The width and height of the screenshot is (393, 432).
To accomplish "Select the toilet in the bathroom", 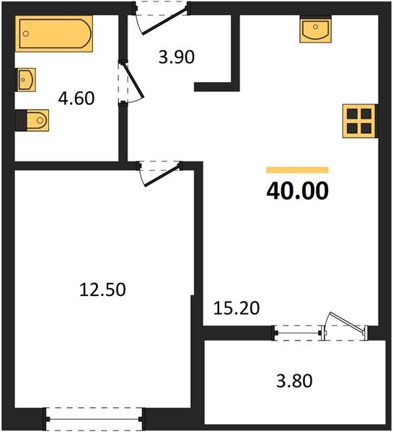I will coord(32,120).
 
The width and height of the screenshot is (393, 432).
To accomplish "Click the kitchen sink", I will coord(314,31).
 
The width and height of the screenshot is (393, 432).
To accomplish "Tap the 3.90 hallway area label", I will coord(177,57).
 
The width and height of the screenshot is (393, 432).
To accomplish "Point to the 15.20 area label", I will coord(237,308).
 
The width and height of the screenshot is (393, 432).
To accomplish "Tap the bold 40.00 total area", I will coord(297,191).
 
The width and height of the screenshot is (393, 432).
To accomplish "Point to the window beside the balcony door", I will coord(298,332).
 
